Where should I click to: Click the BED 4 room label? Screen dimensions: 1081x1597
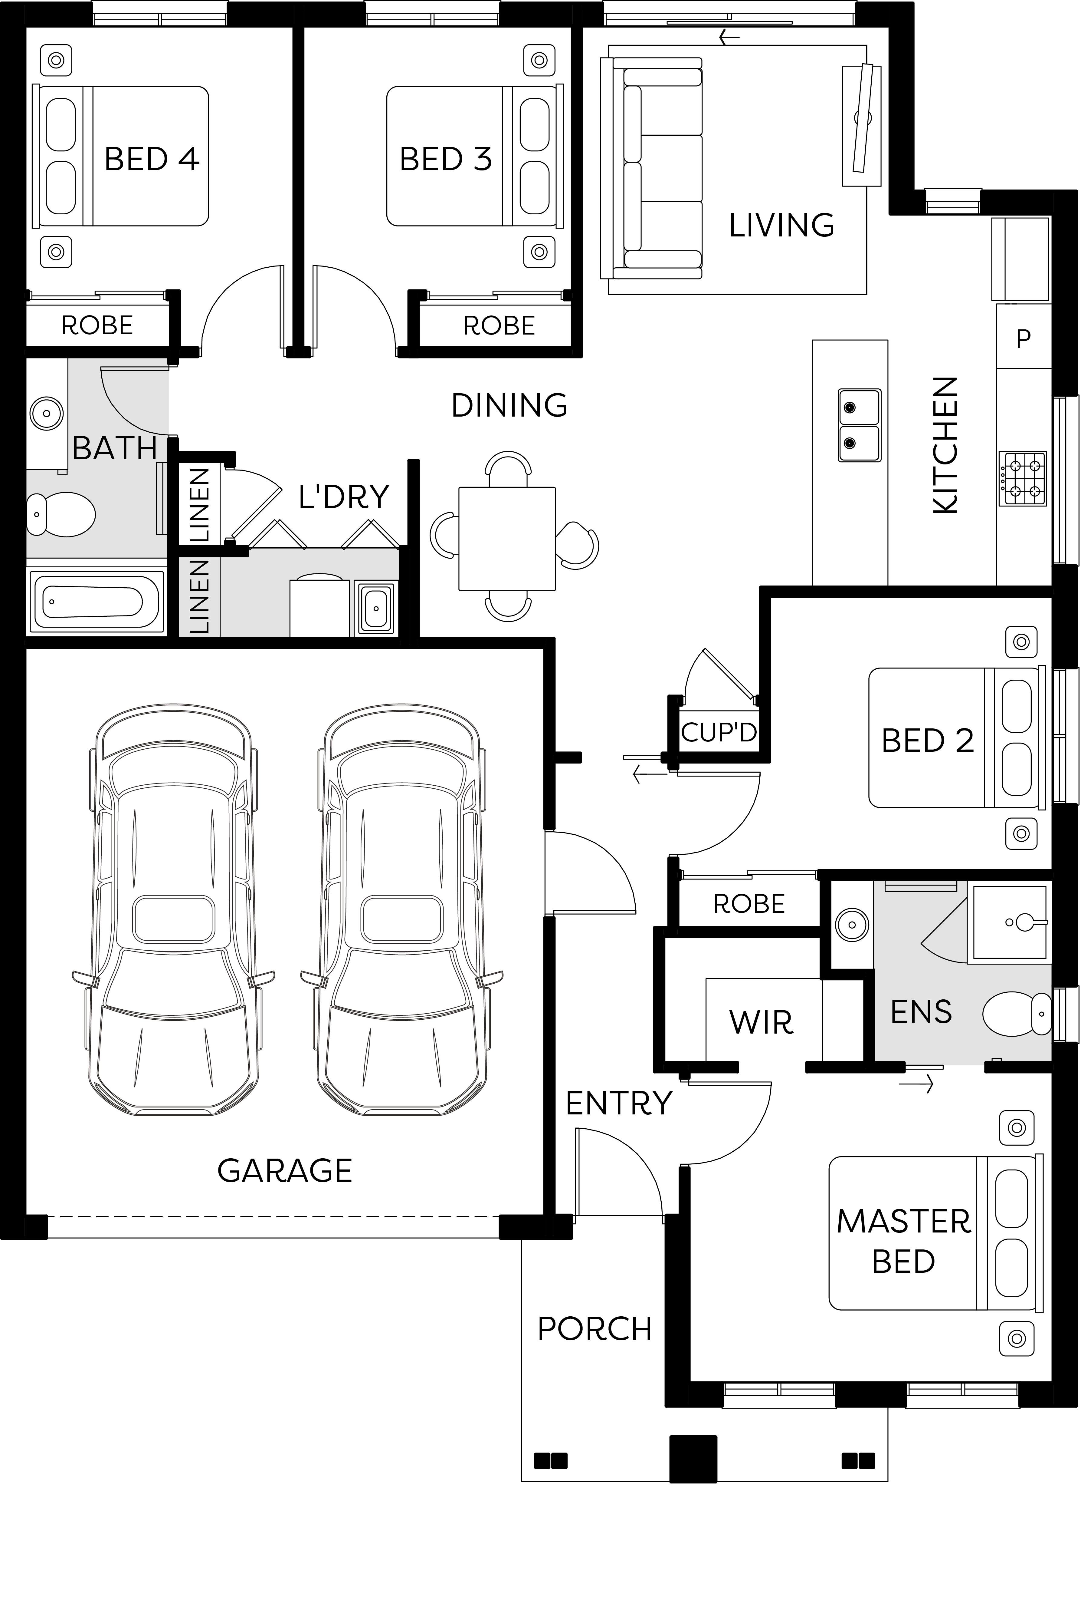click(152, 160)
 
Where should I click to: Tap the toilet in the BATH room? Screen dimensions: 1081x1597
click(61, 513)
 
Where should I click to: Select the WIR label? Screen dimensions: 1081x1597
click(761, 1022)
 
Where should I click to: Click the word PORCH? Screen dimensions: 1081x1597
click(594, 1329)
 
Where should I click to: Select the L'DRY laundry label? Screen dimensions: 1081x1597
click(343, 497)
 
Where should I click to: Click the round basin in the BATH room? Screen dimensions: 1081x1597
click(47, 414)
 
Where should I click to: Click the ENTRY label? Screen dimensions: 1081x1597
click(618, 1104)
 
